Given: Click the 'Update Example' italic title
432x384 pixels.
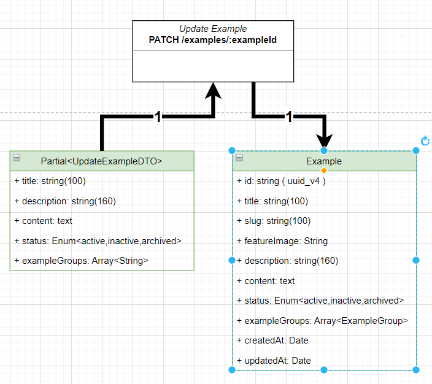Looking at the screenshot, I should (x=213, y=29).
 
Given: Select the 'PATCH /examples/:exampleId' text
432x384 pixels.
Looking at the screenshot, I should (x=213, y=40).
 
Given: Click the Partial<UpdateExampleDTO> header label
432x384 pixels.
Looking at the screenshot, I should (x=101, y=161).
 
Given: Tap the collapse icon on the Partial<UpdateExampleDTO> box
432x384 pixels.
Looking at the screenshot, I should (x=17, y=158).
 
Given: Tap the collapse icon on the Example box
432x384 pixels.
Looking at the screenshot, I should (x=239, y=158).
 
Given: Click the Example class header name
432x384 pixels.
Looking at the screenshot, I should (x=324, y=161).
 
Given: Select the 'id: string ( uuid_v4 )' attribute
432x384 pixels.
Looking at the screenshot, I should (x=281, y=181).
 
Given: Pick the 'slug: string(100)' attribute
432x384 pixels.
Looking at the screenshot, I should (x=272, y=221).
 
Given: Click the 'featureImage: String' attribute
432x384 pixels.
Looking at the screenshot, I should (x=282, y=241).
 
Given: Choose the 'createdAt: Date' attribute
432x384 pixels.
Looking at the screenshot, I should (x=274, y=340).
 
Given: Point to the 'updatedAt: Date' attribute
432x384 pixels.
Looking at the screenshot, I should (x=274, y=361).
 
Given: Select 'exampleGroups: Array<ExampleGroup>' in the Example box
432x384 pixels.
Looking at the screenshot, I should (x=322, y=321).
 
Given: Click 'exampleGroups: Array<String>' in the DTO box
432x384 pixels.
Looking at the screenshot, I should (x=81, y=261).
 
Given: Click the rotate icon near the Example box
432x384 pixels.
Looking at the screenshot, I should (x=425, y=142).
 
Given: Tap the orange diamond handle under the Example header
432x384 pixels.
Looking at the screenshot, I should (x=324, y=171).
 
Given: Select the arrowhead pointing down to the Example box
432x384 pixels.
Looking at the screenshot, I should (x=324, y=139).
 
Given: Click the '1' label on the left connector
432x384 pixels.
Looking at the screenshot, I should (x=158, y=117).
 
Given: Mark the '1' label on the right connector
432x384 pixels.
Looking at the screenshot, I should (x=289, y=117).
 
